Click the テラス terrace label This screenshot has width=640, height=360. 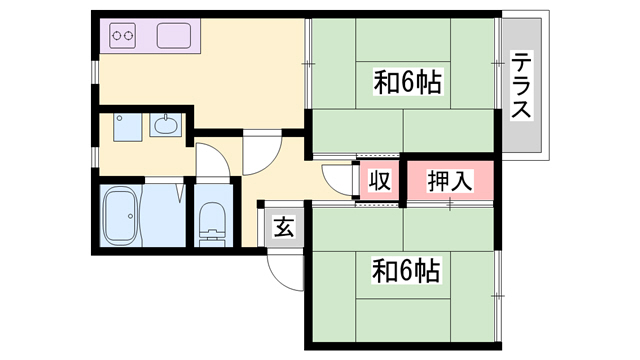pyautogui.click(x=522, y=86)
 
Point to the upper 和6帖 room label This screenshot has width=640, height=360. pyautogui.click(x=408, y=79)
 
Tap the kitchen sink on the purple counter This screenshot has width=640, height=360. pyautogui.click(x=175, y=38)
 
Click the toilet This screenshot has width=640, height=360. pyautogui.click(x=213, y=222)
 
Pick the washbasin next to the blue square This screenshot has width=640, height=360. pyautogui.click(x=165, y=127)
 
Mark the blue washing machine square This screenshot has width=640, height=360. pyautogui.click(x=127, y=128)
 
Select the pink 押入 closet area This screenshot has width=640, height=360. pyautogui.click(x=450, y=182)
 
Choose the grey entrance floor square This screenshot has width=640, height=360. pyautogui.click(x=284, y=228)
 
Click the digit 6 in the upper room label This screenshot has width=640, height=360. pyautogui.click(x=410, y=79)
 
